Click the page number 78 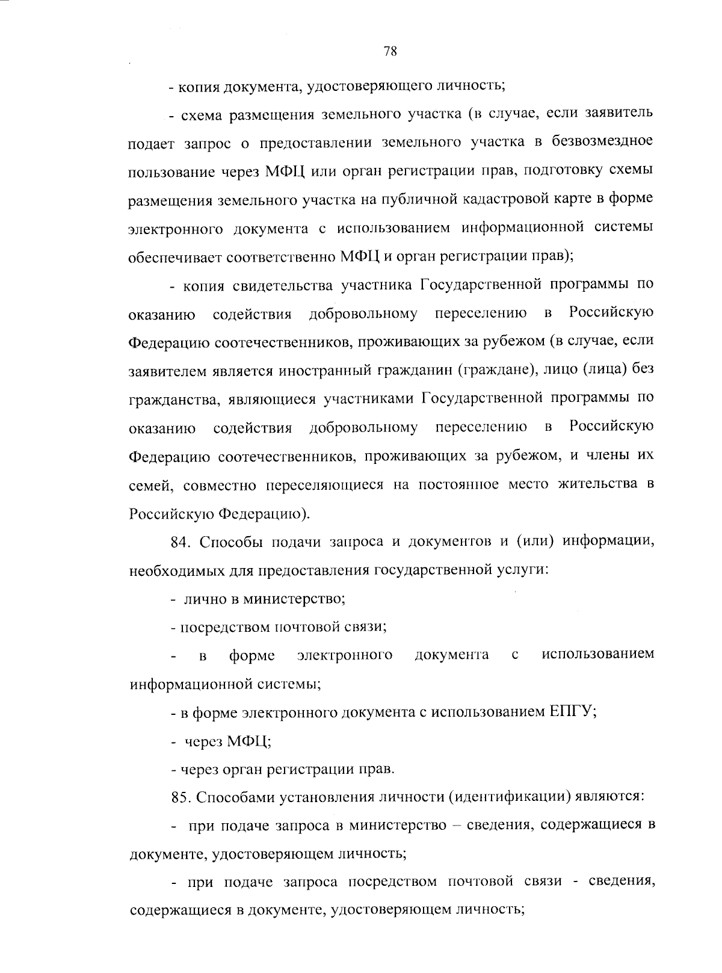tap(390, 52)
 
